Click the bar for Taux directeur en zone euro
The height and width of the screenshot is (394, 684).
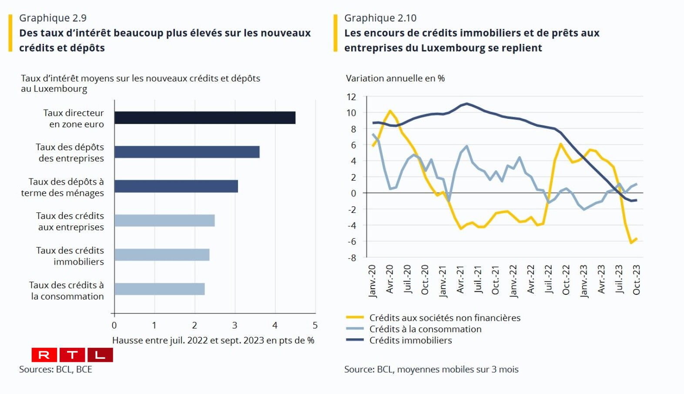click(205, 118)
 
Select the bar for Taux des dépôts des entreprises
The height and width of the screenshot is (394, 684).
click(187, 152)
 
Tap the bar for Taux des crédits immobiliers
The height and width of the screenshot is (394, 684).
click(162, 255)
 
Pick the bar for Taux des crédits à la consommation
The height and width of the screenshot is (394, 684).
click(159, 289)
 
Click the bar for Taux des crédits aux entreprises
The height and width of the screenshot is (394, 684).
click(164, 220)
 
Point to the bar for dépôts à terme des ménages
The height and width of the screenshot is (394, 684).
click(176, 186)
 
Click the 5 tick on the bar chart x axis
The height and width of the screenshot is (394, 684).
click(315, 325)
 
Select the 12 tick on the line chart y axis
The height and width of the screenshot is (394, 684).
click(351, 97)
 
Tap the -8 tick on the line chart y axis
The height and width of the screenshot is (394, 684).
click(351, 258)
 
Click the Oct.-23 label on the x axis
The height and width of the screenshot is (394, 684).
click(637, 280)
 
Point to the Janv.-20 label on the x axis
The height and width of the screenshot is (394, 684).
click(372, 281)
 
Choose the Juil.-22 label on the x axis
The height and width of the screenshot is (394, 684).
click(549, 279)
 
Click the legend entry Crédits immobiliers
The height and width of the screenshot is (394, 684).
click(410, 340)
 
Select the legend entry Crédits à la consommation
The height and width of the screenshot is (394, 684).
click(425, 329)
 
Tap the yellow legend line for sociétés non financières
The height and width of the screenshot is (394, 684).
click(355, 317)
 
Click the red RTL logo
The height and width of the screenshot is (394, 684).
click(72, 355)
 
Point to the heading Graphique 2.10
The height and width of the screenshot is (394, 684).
click(380, 18)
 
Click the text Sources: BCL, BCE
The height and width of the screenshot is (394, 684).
click(56, 369)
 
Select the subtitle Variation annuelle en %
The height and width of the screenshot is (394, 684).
click(395, 78)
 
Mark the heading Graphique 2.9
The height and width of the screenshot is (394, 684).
click(53, 18)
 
